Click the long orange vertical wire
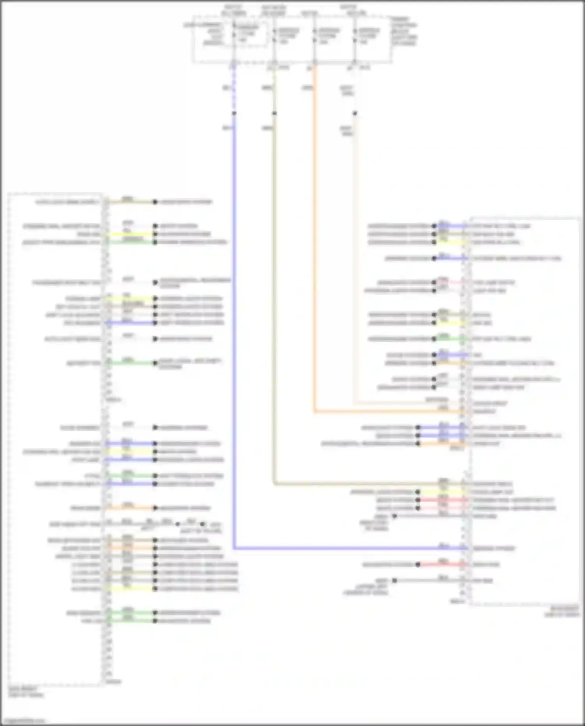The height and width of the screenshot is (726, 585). [314, 234]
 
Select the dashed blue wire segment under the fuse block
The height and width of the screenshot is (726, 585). [234, 90]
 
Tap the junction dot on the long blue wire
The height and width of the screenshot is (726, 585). [234, 114]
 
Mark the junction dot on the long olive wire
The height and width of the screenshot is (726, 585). [275, 114]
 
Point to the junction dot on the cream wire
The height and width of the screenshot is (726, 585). [355, 114]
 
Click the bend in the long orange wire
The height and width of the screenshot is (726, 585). [315, 411]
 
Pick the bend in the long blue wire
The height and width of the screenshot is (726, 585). [234, 548]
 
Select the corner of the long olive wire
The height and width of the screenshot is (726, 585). [275, 484]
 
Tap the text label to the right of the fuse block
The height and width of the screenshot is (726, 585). [404, 31]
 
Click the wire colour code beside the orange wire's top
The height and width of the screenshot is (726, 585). [307, 88]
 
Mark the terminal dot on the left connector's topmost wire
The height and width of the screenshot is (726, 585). [155, 202]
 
